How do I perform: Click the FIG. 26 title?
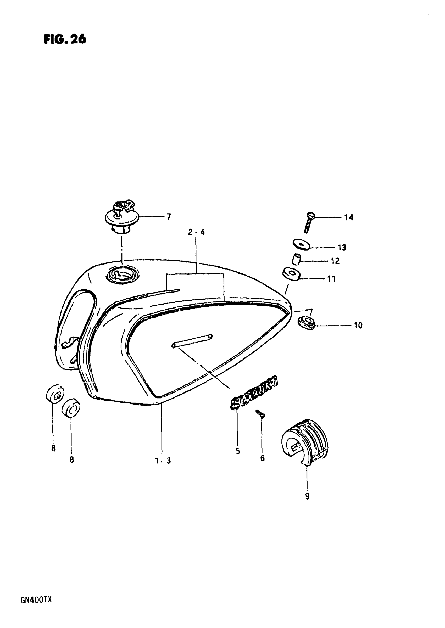tap(65, 39)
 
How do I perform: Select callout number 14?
tap(349, 217)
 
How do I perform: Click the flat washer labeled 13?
tap(301, 244)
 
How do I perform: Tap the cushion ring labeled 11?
tap(291, 274)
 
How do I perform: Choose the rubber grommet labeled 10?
tap(306, 323)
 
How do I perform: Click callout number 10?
tap(358, 325)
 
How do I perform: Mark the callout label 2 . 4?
tap(196, 232)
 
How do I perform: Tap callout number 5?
tap(238, 451)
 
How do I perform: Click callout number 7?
tap(169, 217)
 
